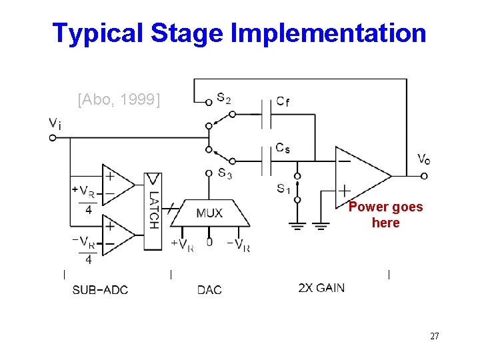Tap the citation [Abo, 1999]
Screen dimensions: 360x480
click(x=119, y=100)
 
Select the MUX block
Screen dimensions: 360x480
click(x=209, y=213)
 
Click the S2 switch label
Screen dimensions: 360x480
click(x=224, y=98)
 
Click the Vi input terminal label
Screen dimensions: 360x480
click(x=55, y=123)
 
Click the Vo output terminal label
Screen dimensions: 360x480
click(x=423, y=159)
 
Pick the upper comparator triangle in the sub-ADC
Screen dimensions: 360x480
click(x=117, y=186)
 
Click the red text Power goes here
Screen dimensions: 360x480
click(x=385, y=215)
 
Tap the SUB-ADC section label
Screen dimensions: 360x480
click(x=100, y=289)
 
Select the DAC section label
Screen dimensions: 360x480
click(x=209, y=289)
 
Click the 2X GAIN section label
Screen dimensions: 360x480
click(x=321, y=287)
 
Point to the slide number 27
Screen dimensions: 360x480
click(x=434, y=336)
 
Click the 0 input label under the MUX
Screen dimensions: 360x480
click(x=209, y=242)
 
